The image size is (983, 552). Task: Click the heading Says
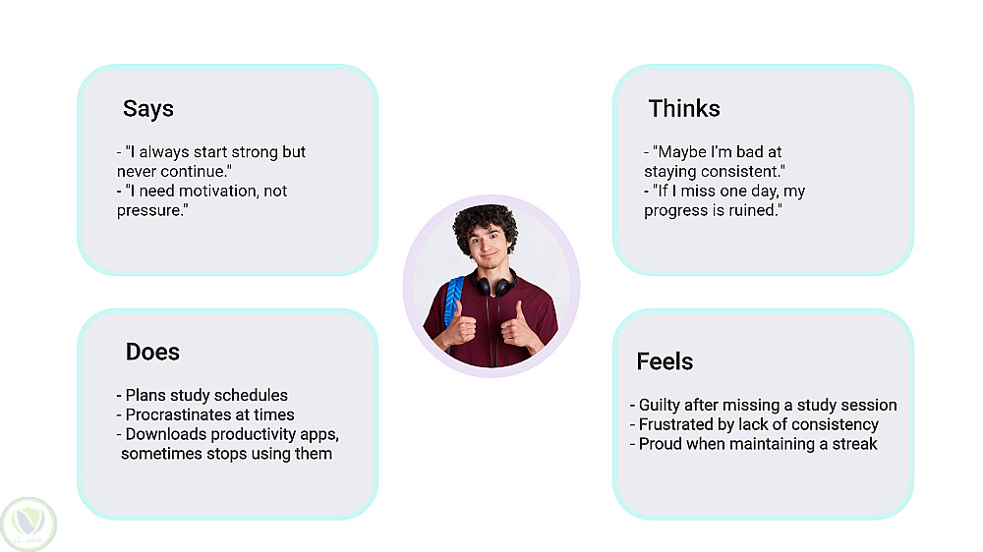pos(148,108)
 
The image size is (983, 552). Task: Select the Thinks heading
pos(684,108)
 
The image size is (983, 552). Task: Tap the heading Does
pos(152,352)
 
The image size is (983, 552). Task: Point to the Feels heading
pos(665,361)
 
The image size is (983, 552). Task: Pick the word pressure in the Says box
pos(148,211)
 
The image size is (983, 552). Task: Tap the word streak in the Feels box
pos(854,444)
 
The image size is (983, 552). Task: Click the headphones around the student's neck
pos(495,284)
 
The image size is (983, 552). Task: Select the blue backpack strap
pos(453,301)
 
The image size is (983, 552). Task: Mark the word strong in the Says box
pos(255,153)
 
